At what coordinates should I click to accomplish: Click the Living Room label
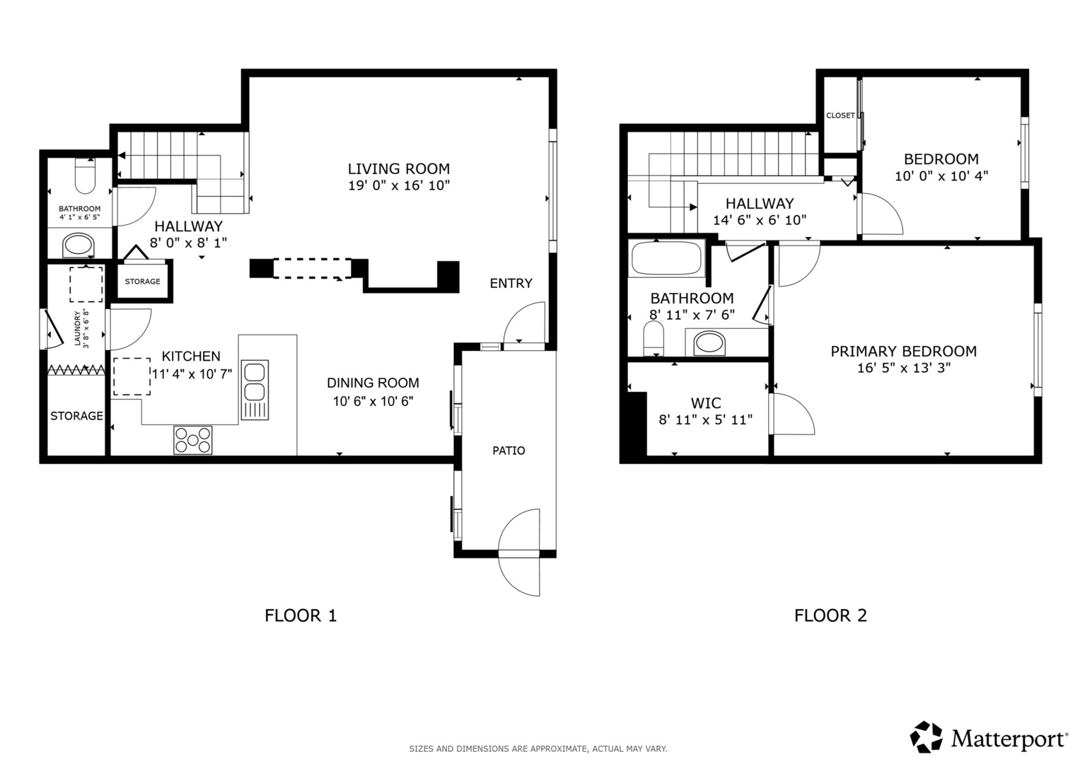[399, 169]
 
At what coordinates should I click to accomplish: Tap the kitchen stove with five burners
[193, 440]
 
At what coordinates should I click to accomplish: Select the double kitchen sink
[255, 390]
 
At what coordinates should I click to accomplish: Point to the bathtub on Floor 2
[666, 259]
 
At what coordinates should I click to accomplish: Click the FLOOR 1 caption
[301, 615]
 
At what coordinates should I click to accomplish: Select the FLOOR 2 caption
[830, 615]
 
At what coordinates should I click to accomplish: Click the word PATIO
[509, 451]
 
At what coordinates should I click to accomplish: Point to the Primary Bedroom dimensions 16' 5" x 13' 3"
[903, 368]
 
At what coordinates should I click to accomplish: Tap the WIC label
[706, 403]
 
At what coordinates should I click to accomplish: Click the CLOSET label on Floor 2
[840, 115]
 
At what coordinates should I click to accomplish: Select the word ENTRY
[511, 283]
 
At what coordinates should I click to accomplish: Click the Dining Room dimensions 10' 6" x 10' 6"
[373, 401]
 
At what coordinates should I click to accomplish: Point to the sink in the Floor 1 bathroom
[79, 246]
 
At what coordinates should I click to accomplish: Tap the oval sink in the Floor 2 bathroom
[709, 343]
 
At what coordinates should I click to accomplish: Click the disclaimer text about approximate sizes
[538, 749]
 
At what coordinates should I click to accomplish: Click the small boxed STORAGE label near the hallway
[143, 282]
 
